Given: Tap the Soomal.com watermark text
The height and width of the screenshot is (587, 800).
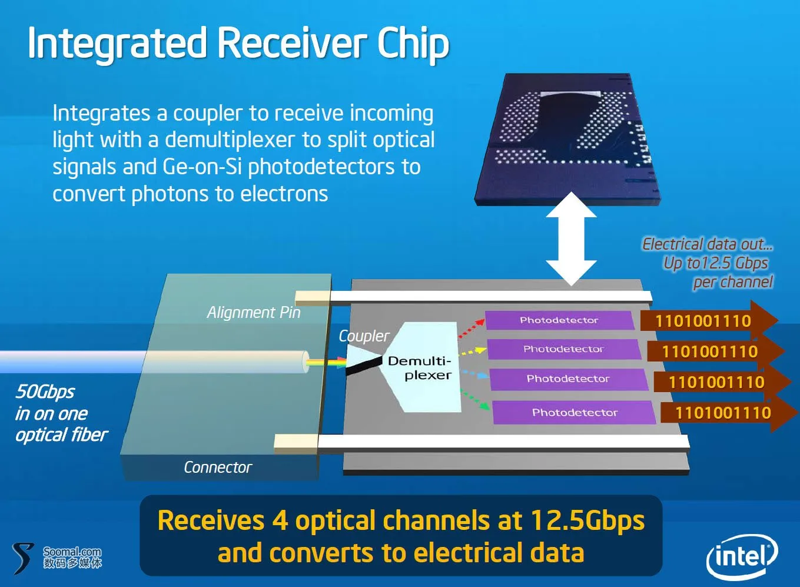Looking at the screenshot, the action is (72, 552).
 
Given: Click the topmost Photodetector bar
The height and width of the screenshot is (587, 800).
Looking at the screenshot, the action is (559, 320).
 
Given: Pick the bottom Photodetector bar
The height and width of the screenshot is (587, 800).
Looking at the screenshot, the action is (575, 413).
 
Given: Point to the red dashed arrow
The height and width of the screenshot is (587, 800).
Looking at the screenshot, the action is (471, 328).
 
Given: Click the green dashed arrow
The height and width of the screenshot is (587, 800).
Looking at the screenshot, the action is (475, 400).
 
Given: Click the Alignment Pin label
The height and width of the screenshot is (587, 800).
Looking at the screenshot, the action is (254, 313).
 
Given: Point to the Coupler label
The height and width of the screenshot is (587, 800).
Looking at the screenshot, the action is (364, 336).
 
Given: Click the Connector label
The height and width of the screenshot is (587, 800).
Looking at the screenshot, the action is (218, 467).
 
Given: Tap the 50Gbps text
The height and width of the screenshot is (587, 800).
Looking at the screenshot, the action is (45, 392).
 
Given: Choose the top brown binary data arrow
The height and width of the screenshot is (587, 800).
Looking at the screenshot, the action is (709, 320).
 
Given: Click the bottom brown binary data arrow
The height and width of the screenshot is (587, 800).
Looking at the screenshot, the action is (729, 413).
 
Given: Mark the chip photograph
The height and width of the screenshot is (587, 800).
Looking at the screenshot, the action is (567, 140).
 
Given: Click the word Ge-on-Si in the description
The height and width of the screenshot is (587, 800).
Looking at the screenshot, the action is (202, 167).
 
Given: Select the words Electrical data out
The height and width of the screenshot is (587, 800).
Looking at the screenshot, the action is (708, 244).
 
